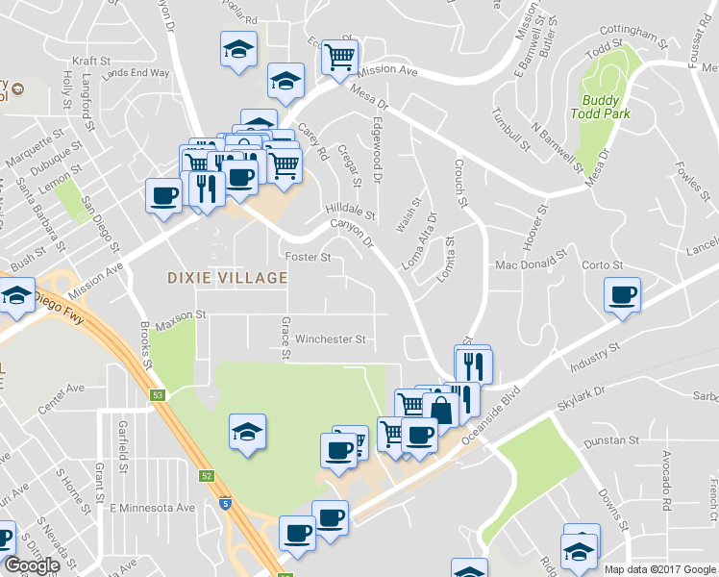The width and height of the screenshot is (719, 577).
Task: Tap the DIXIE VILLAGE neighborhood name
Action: click(228, 278)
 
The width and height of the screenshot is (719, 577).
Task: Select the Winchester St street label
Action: click(331, 339)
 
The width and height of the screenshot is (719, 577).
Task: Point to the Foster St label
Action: click(309, 258)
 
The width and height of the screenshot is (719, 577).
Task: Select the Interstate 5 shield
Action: click(224, 501)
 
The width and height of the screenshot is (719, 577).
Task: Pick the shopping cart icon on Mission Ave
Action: click(339, 57)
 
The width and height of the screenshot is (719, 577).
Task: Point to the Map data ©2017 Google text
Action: click(659, 569)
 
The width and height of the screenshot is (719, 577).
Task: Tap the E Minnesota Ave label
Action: click(152, 508)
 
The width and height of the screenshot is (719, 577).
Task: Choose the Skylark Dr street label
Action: click(584, 397)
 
